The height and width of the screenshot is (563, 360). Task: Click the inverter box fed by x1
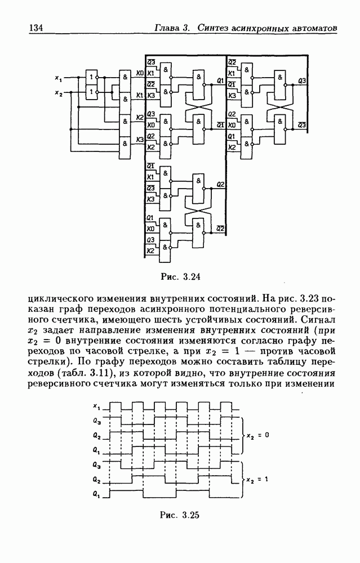[90, 78]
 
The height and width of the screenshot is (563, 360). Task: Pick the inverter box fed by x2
[90, 92]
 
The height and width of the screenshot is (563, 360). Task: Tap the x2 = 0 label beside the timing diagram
[259, 435]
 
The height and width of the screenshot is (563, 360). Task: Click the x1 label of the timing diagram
[97, 406]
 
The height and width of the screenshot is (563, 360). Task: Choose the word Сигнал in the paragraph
[321, 320]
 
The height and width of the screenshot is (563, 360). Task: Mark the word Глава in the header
[168, 28]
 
